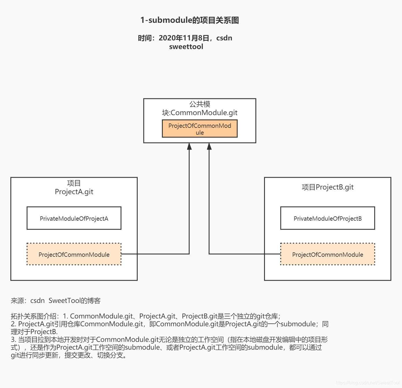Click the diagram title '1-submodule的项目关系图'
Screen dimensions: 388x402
tap(189, 20)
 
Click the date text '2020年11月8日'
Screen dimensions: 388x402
tap(184, 38)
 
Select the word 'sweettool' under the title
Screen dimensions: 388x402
tap(186, 47)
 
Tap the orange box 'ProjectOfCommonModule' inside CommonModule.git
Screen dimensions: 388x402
tap(200, 129)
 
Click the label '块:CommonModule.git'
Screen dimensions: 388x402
tap(200, 113)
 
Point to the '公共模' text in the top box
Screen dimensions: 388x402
tap(200, 104)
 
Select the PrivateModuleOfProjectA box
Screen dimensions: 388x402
tap(74, 218)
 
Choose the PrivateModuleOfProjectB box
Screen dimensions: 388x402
tap(328, 218)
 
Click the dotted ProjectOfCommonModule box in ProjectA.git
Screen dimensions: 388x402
tap(74, 254)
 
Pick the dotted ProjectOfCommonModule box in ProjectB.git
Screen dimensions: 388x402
tap(328, 254)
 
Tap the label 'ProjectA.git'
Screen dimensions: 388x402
tap(74, 192)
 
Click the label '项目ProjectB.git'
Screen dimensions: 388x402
tap(328, 187)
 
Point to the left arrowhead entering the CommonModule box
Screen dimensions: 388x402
tap(189, 147)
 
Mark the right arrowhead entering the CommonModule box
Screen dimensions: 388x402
tap(209, 147)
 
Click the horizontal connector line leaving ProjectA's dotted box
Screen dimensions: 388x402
tap(156, 254)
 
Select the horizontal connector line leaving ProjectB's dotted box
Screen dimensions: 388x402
tap(245, 254)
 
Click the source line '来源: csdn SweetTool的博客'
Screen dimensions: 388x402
tap(56, 301)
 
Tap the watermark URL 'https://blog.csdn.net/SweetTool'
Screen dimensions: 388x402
tap(367, 383)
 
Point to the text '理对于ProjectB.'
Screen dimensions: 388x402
tap(34, 332)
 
